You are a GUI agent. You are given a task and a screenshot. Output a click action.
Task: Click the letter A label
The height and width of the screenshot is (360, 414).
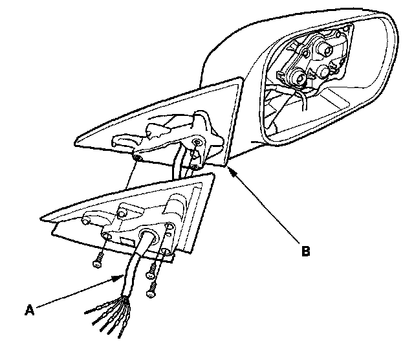coord(29,310)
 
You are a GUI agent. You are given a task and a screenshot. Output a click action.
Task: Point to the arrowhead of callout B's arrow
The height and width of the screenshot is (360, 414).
coord(227,168)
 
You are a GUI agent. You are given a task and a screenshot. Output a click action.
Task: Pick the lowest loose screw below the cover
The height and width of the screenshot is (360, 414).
coord(151,291)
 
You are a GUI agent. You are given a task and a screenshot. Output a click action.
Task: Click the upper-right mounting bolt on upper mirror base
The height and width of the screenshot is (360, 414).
coord(196,141)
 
